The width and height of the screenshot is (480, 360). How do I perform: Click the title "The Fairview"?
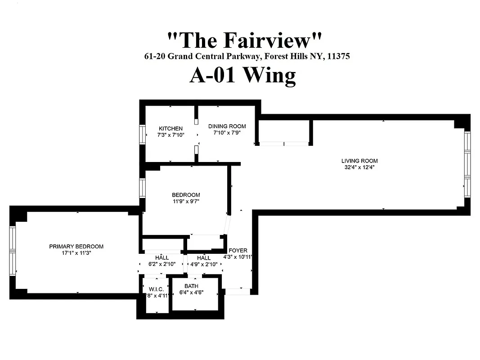tap(245, 40)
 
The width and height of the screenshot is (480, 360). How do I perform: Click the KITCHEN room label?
tap(170, 129)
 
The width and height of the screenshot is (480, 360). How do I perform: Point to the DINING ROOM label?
tap(227, 126)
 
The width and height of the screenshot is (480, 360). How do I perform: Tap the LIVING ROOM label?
tap(359, 161)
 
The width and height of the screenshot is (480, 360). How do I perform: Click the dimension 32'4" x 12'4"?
tap(359, 167)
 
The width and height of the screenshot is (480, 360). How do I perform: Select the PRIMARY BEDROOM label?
tap(76, 246)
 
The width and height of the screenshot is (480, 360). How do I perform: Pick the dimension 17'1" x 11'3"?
tap(76, 253)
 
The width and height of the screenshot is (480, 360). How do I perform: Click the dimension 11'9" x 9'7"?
tap(186, 202)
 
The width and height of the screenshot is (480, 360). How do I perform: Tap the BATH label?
tap(191, 286)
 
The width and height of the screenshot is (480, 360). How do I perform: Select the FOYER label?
tap(238, 251)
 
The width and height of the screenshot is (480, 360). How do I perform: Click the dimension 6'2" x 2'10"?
tap(162, 264)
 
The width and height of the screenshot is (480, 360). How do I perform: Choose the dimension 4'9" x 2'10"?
tap(204, 264)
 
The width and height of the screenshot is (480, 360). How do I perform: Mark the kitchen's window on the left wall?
tap(143, 134)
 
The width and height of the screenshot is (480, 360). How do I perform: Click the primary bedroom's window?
tap(13, 250)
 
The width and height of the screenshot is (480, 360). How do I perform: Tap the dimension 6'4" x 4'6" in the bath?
tap(191, 292)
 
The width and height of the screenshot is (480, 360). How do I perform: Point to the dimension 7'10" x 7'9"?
tap(227, 133)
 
